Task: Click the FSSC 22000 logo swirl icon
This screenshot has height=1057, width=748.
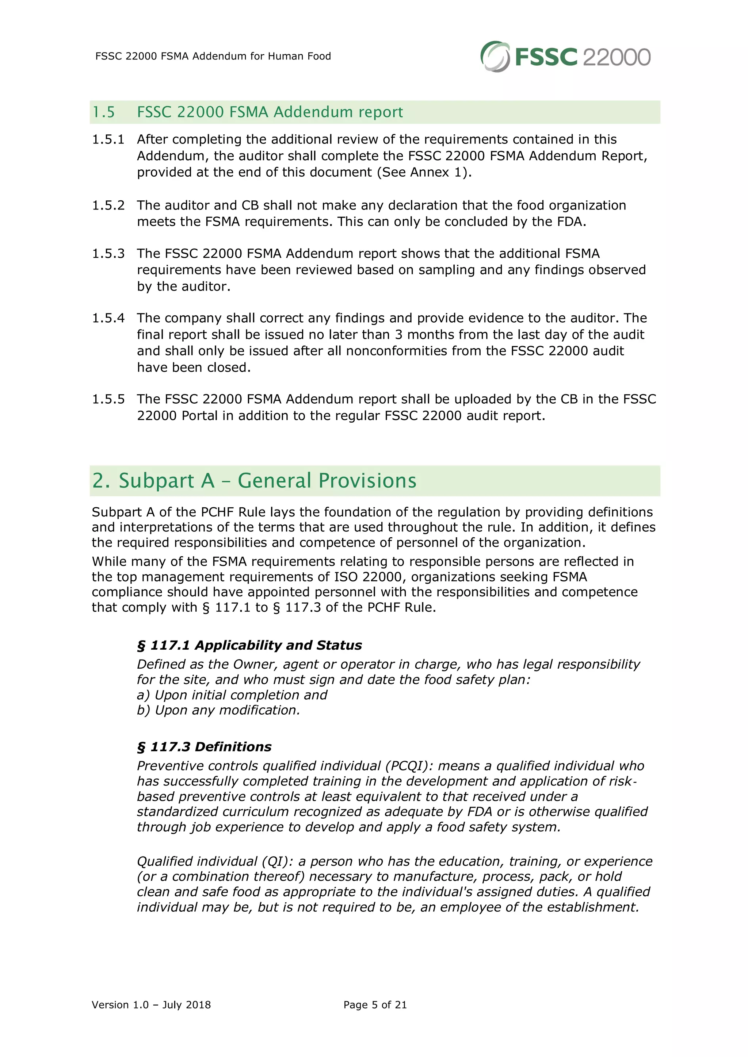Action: click(495, 56)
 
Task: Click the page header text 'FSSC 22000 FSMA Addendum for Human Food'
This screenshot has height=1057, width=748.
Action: click(213, 56)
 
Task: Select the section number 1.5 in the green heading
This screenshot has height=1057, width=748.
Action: click(104, 112)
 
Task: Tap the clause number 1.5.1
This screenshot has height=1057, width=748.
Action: click(108, 139)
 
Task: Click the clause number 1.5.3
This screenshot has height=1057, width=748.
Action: click(108, 253)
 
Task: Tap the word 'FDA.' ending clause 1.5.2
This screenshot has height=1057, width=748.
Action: click(571, 222)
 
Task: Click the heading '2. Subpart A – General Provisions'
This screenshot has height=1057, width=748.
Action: click(254, 480)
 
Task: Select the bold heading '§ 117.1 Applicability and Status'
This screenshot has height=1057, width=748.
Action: click(249, 645)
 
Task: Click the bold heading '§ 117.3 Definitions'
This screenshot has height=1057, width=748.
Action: click(204, 746)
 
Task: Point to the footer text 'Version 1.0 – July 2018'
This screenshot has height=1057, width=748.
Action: click(151, 1004)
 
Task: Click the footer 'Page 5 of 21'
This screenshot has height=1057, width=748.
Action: click(375, 1004)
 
